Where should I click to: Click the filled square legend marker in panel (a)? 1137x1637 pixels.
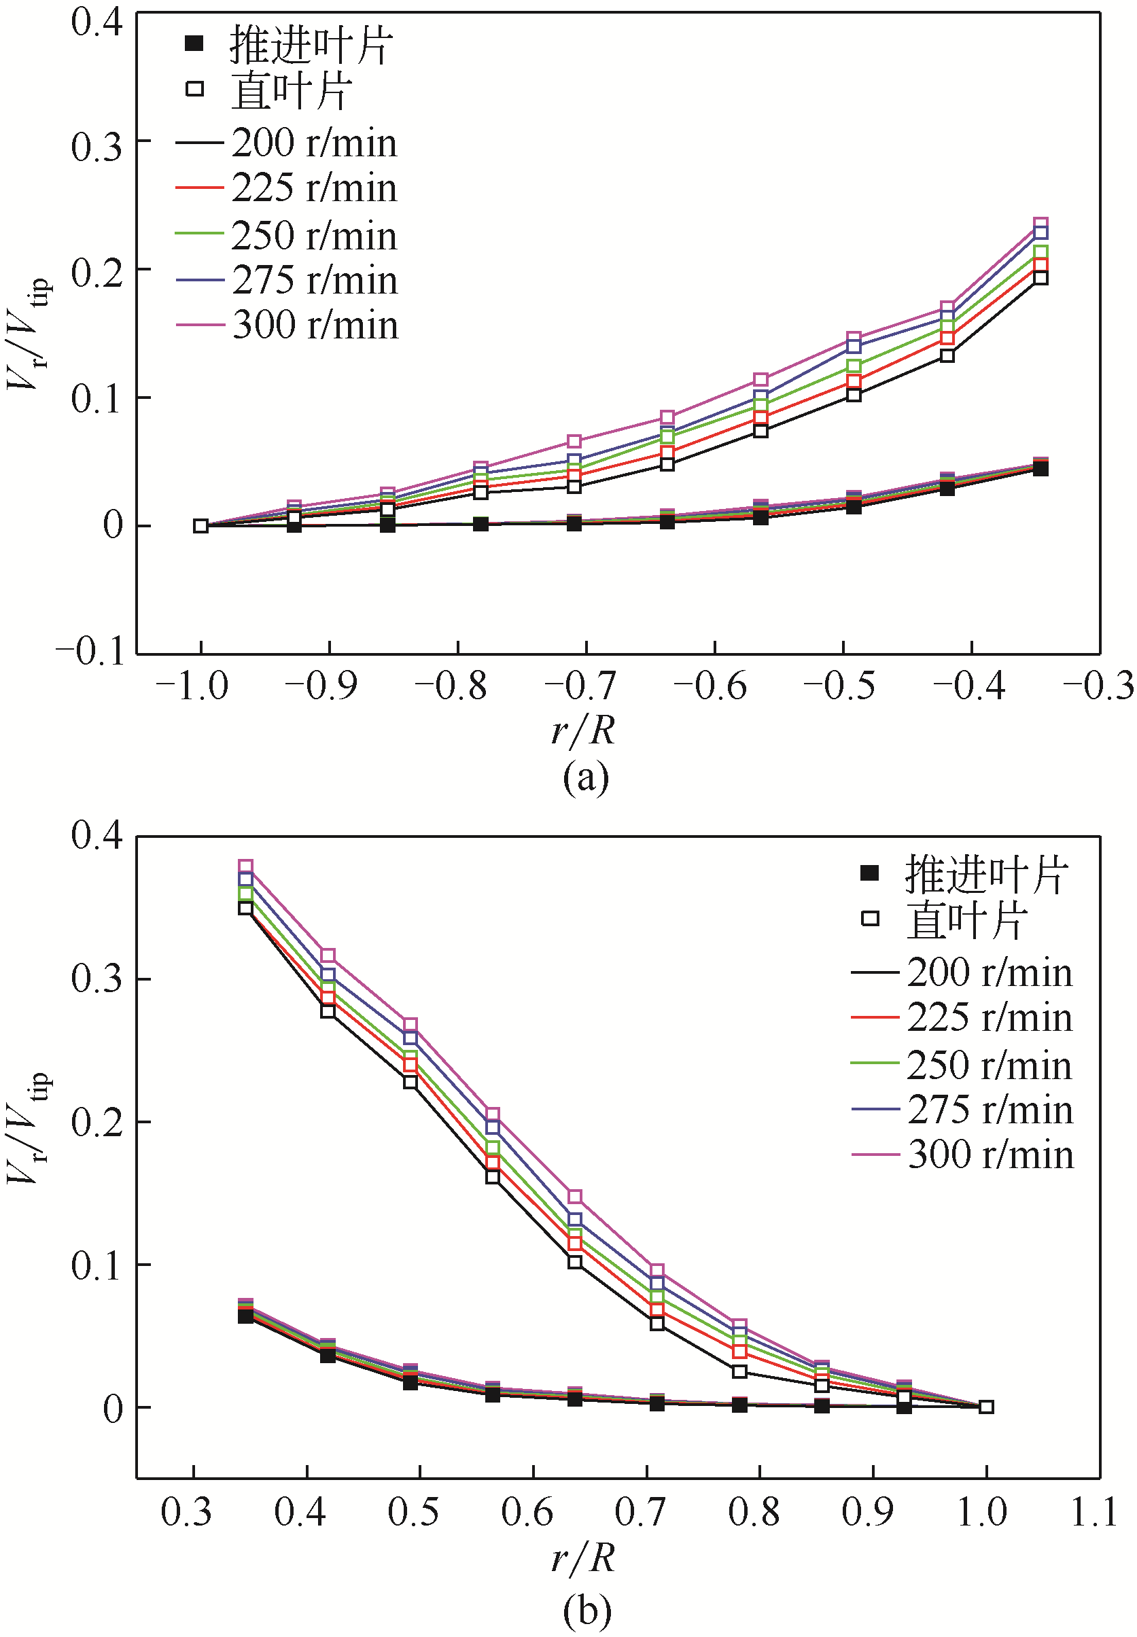[194, 44]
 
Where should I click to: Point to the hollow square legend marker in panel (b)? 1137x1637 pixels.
[870, 918]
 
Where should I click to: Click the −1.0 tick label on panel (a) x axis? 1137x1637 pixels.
[192, 686]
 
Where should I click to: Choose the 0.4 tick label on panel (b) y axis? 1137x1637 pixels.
[97, 835]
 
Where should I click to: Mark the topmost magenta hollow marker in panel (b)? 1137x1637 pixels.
[246, 867]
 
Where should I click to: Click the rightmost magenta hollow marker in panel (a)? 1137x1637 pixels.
[1040, 224]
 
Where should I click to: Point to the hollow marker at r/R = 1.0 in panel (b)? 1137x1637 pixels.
[986, 1407]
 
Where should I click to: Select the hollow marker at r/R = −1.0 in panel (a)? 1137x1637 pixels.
[201, 526]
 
